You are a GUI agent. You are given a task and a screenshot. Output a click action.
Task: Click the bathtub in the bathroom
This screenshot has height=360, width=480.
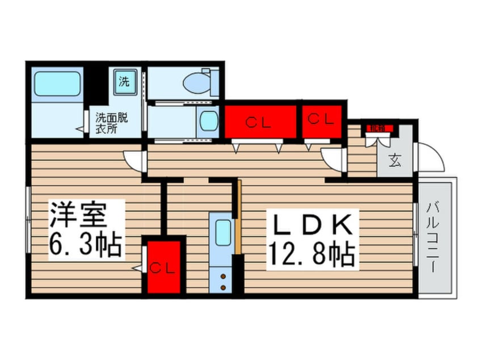[x=57, y=84]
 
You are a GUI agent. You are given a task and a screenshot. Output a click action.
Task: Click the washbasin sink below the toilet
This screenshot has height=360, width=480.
[x=209, y=120]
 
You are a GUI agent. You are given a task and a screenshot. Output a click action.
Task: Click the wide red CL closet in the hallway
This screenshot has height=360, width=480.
[x=261, y=121]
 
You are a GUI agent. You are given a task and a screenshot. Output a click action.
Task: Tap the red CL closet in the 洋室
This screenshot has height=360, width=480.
[x=163, y=267]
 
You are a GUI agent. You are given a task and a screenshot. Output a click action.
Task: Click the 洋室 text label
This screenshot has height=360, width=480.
[x=78, y=215]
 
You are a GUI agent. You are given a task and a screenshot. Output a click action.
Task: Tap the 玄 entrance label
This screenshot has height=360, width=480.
[x=394, y=161]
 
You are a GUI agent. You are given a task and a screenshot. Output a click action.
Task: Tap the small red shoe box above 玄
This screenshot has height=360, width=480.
[x=376, y=129]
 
